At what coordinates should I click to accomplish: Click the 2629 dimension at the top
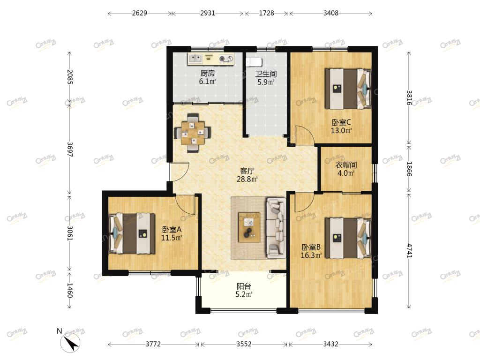pos(140,13)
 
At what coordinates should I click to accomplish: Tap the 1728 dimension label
pos(266,13)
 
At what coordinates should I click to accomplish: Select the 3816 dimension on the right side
pos(409,98)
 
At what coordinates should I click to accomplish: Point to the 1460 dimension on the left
pos(70,290)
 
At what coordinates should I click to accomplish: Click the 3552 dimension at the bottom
pos(244,344)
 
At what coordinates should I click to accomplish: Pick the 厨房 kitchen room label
pos(208,73)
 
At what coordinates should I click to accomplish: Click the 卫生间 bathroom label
pos(266,74)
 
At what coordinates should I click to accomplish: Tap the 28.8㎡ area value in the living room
pos(247,179)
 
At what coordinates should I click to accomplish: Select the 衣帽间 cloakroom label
pos(346,165)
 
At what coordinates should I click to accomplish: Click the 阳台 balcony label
pos(244,286)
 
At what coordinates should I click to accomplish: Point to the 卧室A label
pos(172,229)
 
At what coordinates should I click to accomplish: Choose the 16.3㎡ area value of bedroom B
pos(311,255)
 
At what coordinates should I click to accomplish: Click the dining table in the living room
pos(193,133)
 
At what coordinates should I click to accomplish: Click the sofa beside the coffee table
pos(276,228)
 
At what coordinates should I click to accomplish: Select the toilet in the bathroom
pos(254,62)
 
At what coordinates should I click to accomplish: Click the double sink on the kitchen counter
pos(195,58)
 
